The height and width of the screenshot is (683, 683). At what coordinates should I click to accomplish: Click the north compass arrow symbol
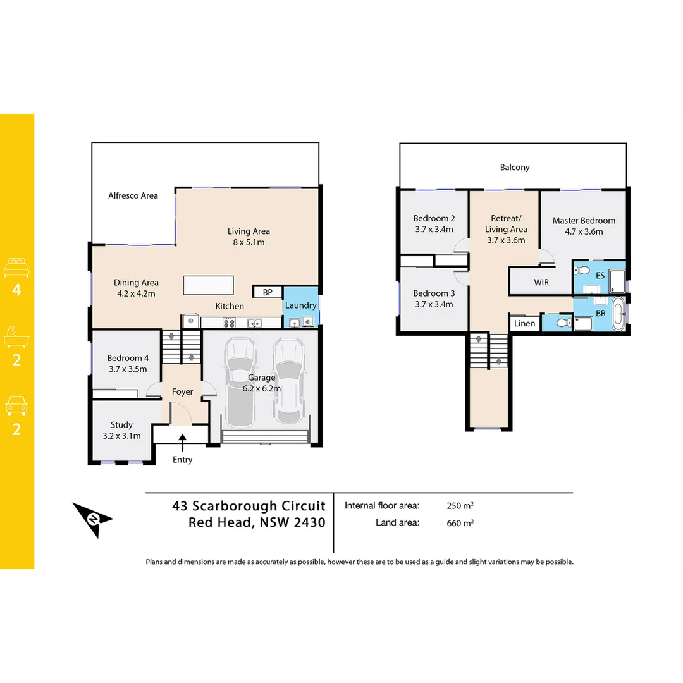pyautogui.click(x=92, y=519)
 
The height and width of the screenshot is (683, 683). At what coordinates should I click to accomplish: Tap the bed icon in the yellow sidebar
pyautogui.click(x=17, y=268)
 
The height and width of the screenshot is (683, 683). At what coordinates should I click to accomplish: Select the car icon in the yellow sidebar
pyautogui.click(x=17, y=405)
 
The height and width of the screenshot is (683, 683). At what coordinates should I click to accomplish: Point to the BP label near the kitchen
pyautogui.click(x=268, y=292)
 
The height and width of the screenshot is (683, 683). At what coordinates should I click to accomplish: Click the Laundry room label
pyautogui.click(x=300, y=305)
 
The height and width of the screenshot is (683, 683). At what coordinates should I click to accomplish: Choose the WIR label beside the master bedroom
pyautogui.click(x=541, y=282)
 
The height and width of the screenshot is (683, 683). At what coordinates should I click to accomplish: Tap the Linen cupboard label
pyautogui.click(x=524, y=323)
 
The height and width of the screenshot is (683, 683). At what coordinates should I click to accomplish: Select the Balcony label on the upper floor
pyautogui.click(x=515, y=168)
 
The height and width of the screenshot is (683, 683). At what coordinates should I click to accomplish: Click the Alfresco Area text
pyautogui.click(x=133, y=195)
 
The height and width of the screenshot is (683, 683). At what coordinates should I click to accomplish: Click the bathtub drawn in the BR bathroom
pyautogui.click(x=618, y=315)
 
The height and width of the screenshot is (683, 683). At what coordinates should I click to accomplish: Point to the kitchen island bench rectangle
pyautogui.click(x=208, y=285)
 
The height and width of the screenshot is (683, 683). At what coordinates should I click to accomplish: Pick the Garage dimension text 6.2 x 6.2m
pyautogui.click(x=261, y=388)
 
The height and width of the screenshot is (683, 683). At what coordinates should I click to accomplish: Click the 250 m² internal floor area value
pyautogui.click(x=460, y=506)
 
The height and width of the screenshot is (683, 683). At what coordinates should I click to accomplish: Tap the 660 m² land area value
pyautogui.click(x=460, y=523)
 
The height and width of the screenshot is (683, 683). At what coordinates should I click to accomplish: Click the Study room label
pyautogui.click(x=121, y=425)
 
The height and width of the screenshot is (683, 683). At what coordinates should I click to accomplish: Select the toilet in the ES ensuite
pyautogui.click(x=582, y=271)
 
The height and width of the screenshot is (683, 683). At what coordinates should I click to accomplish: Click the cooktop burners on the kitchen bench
pyautogui.click(x=229, y=323)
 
